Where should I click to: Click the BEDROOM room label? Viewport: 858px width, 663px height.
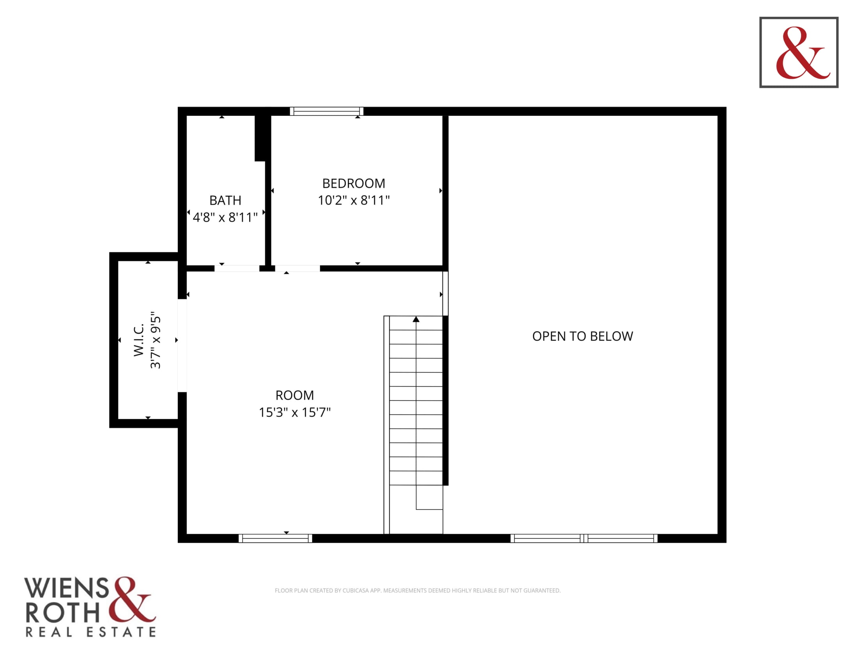click(354, 183)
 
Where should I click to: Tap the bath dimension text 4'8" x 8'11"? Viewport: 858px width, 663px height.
click(225, 217)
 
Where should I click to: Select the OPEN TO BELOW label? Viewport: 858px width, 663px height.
click(583, 336)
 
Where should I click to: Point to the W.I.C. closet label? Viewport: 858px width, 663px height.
click(139, 340)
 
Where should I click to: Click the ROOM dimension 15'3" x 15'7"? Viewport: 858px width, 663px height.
click(294, 412)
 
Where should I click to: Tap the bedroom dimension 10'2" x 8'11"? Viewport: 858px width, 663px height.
click(354, 200)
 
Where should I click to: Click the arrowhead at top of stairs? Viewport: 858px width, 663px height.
click(416, 319)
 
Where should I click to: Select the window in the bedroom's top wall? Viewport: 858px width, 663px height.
click(326, 111)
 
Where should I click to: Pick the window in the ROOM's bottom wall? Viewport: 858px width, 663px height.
click(275, 539)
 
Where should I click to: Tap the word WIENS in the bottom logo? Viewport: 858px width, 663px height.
click(66, 588)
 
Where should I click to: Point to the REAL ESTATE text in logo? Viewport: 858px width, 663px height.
click(91, 632)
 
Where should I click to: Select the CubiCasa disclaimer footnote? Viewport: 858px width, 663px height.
click(418, 590)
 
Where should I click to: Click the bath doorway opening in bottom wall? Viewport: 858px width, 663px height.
click(237, 268)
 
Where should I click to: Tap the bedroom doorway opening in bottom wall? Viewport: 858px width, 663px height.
click(298, 268)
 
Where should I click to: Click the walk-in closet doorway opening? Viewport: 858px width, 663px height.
click(182, 346)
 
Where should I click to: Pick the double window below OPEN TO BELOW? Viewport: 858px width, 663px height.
click(584, 539)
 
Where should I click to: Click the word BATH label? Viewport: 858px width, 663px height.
click(225, 200)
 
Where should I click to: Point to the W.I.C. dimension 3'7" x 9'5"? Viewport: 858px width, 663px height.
click(156, 340)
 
